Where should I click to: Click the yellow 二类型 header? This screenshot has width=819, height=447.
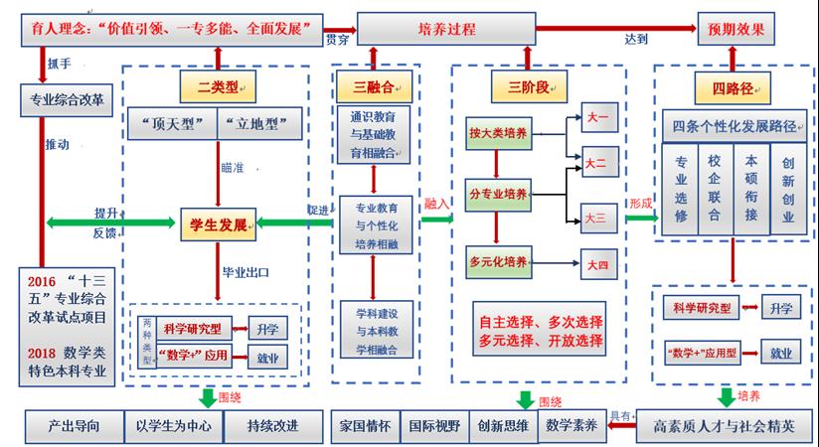pyautogui.click(x=213, y=86)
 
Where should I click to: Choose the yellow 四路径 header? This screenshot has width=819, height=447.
pyautogui.click(x=733, y=89)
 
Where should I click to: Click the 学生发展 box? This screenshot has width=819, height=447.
pyautogui.click(x=219, y=222)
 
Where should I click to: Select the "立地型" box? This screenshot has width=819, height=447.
pyautogui.click(x=256, y=124)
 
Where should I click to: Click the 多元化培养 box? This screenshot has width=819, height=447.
pyautogui.click(x=499, y=262)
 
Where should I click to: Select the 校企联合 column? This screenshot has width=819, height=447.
pyautogui.click(x=715, y=188)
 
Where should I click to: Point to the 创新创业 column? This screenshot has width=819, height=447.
pyautogui.click(x=788, y=188)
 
